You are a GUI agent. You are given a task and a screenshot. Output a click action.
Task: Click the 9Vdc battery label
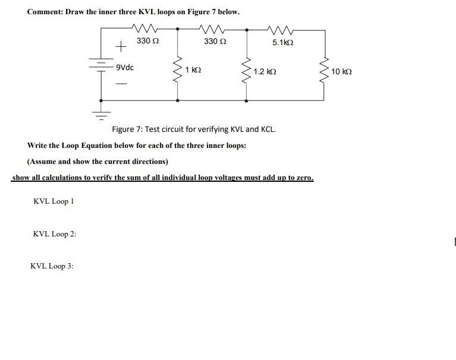[125, 67]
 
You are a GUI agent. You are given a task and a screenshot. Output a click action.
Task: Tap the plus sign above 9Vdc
[121, 45]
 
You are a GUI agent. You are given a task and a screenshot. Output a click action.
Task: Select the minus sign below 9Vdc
[121, 84]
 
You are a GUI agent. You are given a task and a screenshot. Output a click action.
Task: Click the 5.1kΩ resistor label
[283, 43]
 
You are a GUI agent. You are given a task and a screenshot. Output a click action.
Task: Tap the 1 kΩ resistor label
[193, 70]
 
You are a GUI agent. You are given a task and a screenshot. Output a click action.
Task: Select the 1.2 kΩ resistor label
[265, 72]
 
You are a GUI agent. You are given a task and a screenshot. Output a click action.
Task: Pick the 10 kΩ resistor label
[342, 72]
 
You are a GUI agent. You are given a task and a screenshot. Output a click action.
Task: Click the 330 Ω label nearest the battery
[147, 41]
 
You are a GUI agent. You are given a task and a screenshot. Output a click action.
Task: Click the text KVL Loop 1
[54, 201]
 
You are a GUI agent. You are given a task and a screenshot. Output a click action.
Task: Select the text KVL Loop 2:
[55, 234]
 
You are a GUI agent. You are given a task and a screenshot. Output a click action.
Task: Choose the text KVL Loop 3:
[52, 266]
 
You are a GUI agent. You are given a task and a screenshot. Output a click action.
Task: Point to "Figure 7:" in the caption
[128, 129]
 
